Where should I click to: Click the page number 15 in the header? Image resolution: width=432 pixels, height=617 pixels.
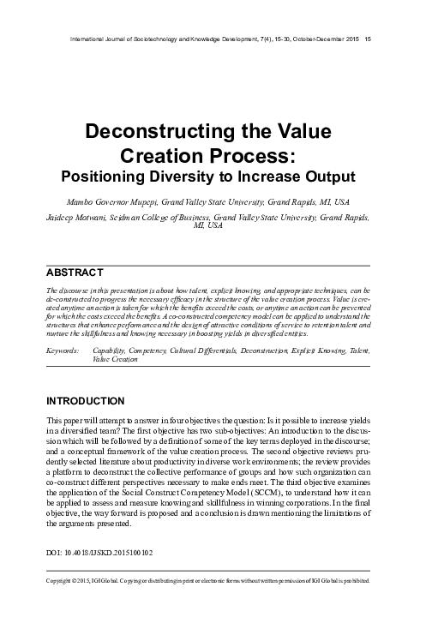pos(368,39)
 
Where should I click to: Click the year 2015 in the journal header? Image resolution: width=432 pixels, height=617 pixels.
pos(347,39)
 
